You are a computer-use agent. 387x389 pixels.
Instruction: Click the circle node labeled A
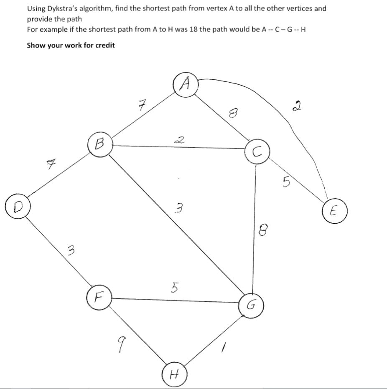tap(185, 85)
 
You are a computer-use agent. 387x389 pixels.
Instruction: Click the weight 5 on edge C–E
tap(287, 181)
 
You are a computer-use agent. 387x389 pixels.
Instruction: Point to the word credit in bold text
tap(105, 45)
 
